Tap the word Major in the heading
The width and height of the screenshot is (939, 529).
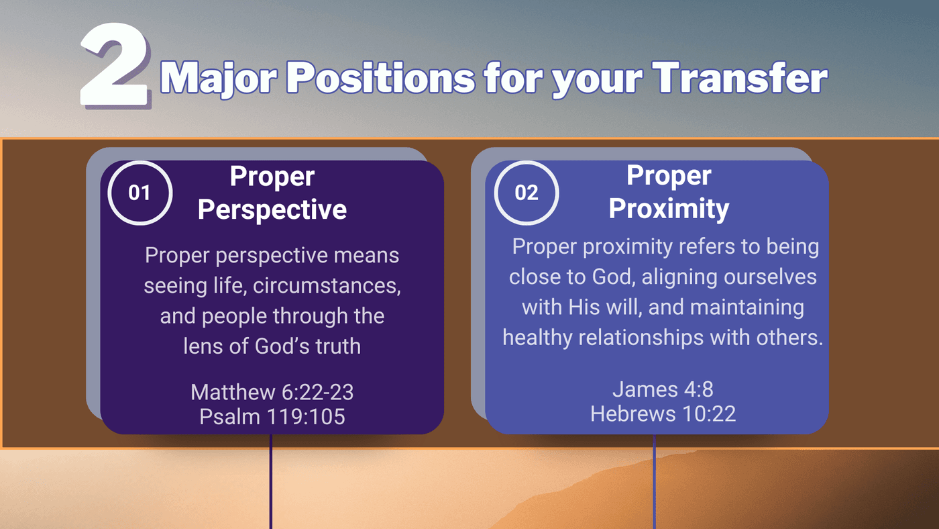coord(219,79)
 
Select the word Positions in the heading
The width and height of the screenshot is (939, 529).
coord(381,78)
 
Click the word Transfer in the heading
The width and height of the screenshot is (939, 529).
coord(740,78)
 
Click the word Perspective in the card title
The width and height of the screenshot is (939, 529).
coord(272,209)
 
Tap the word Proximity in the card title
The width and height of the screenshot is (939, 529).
coord(669,209)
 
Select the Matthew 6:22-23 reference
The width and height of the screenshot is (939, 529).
coord(272,392)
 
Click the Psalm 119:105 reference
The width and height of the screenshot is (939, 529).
coord(272,417)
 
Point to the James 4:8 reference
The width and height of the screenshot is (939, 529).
coord(663,389)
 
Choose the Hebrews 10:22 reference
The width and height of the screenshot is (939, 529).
coord(663,414)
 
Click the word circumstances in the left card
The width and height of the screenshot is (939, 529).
coord(327,286)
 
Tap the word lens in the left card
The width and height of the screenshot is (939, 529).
coord(203,346)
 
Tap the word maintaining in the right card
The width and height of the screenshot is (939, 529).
coord(747,307)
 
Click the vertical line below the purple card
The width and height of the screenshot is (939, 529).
coord(271,481)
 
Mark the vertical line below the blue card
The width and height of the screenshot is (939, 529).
coord(654,481)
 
